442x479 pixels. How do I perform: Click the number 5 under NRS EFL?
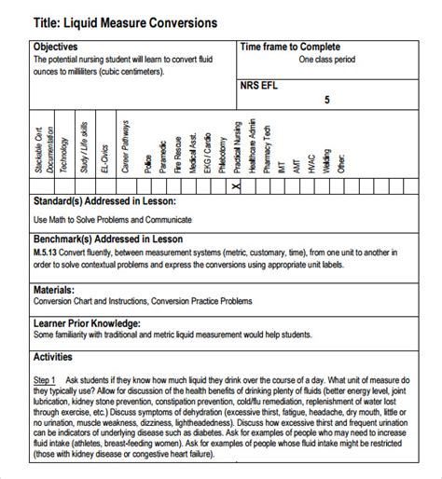click(x=326, y=99)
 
